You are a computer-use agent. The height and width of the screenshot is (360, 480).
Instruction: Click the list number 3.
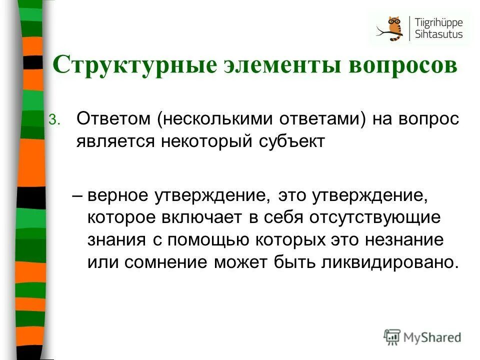(x=54, y=119)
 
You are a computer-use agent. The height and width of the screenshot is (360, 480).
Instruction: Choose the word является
(x=116, y=141)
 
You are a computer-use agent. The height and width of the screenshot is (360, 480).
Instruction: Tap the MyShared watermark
(x=422, y=337)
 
